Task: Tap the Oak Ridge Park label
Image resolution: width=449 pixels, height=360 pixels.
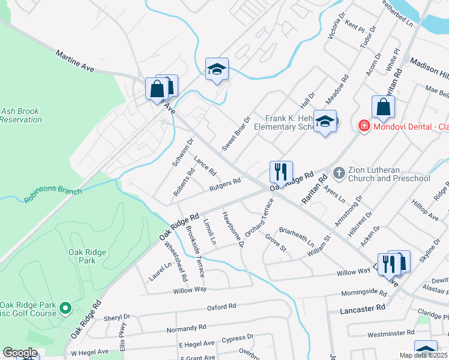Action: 82,256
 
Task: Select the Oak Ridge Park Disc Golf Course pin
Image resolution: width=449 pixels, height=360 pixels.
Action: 66,309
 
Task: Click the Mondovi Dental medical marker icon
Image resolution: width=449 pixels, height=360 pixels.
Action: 363,126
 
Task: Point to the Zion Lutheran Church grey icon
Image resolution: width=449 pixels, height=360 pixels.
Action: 339,173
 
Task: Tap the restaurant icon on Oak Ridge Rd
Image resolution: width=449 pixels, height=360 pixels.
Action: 281,172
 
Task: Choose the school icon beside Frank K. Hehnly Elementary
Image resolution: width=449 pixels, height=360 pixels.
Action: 325,122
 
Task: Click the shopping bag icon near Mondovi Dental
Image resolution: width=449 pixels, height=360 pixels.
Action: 383,107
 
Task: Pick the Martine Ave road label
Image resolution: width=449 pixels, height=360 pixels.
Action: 75,62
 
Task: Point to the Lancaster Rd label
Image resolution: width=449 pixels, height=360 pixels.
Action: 362,308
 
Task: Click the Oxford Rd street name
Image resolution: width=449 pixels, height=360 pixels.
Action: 221,307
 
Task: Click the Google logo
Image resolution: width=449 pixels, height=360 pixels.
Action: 20,353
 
